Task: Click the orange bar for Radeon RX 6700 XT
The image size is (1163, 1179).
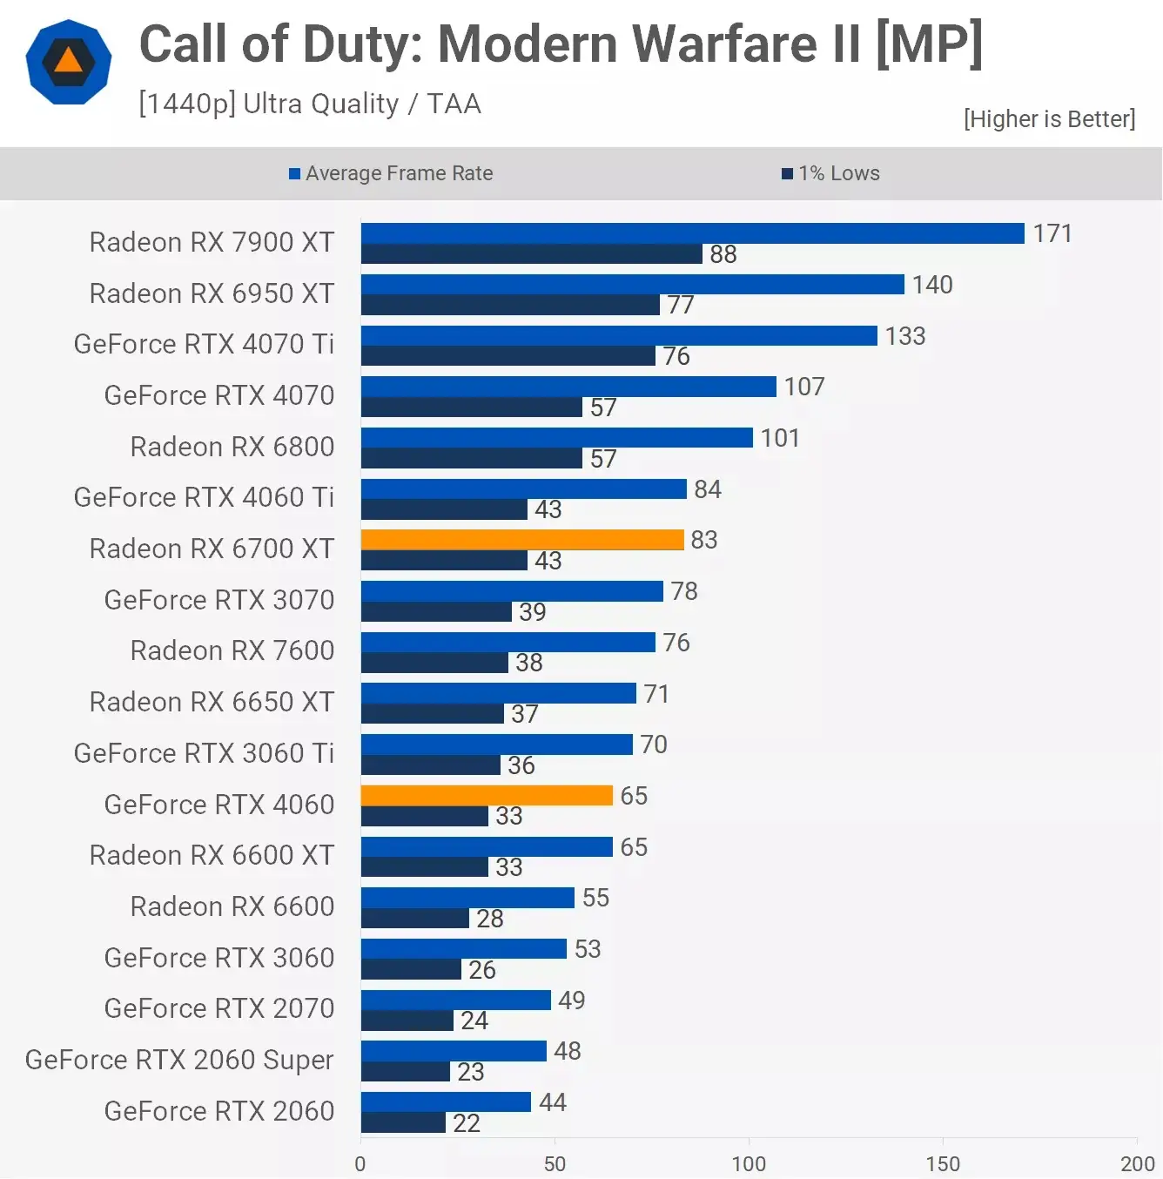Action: click(x=522, y=540)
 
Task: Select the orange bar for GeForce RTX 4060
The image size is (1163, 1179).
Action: click(x=487, y=796)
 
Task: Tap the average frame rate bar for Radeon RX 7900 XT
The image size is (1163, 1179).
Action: click(x=692, y=233)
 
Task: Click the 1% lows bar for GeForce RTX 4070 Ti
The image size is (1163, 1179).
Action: click(x=508, y=356)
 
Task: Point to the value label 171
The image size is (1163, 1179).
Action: click(x=1052, y=233)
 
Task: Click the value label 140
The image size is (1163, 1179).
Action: click(x=932, y=285)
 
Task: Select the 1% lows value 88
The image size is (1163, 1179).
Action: click(x=723, y=254)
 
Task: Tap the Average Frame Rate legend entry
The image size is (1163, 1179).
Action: click(x=391, y=173)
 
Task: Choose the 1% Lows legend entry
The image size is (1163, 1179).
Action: click(x=830, y=173)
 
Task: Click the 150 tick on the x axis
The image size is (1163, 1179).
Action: click(x=943, y=1163)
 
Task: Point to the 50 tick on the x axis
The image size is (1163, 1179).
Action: click(x=555, y=1163)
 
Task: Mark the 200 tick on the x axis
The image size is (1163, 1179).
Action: click(x=1137, y=1163)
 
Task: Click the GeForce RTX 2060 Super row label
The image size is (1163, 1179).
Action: click(x=179, y=1060)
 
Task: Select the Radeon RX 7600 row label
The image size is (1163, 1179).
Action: click(x=232, y=650)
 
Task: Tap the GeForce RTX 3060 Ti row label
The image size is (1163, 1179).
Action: click(x=204, y=753)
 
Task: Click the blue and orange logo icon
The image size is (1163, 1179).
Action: click(x=69, y=62)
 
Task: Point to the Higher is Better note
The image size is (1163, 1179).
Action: click(x=1049, y=119)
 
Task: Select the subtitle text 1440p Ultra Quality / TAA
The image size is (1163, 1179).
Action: click(x=309, y=104)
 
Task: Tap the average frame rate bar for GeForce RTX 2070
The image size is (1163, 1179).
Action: click(x=455, y=1000)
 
